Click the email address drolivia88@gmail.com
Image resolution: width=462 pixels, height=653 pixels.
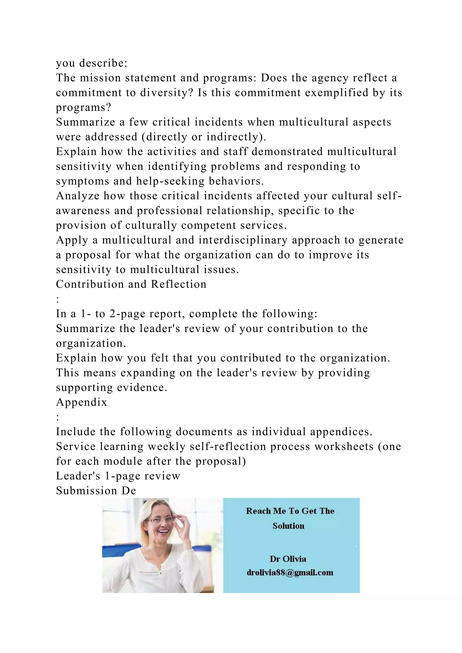tap(290, 572)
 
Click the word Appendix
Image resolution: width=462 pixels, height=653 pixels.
tap(81, 402)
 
